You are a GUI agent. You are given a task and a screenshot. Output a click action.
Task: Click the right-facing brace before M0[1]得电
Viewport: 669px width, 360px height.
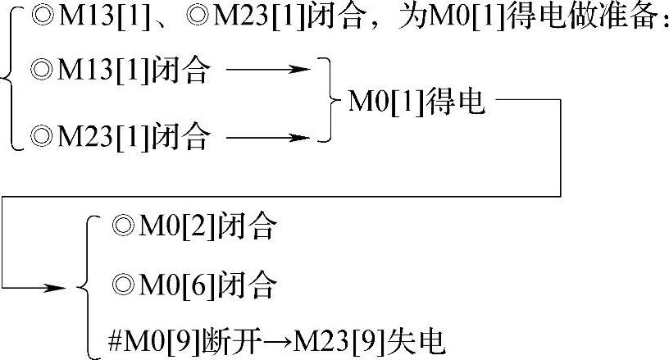pos(330,101)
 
